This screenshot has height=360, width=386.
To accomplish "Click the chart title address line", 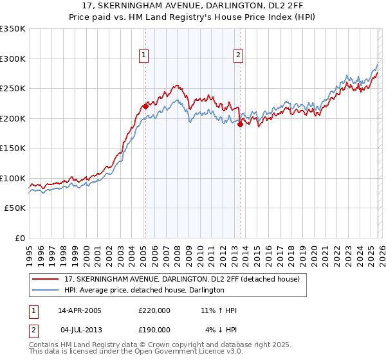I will pos(193,6).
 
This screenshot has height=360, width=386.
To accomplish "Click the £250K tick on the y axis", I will pos(13,89).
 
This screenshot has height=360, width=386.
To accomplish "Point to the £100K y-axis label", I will pos(13,178).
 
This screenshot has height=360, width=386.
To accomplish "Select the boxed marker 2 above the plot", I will pos(238,56).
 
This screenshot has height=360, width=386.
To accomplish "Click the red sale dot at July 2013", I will pos(240,124).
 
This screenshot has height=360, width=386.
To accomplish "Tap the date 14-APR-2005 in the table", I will pos(80,310).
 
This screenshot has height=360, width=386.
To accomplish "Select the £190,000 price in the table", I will pos(154,329).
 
